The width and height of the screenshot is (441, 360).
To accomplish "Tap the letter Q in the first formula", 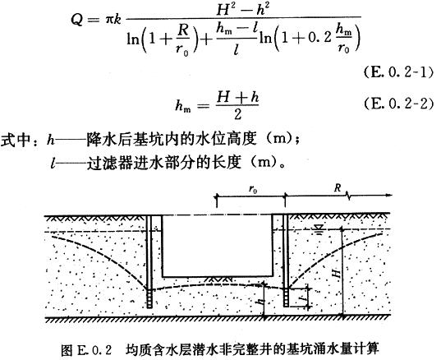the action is tap(77, 20).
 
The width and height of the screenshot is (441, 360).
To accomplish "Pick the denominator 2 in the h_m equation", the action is tap(238, 114).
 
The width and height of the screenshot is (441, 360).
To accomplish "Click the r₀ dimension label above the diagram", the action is tap(253, 189).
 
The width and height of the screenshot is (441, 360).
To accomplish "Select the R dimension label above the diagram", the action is tap(338, 188).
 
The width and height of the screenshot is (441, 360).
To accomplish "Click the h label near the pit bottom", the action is tap(261, 302).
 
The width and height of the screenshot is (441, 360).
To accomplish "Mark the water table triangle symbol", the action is tap(318, 229).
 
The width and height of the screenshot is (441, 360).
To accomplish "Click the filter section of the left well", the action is tap(149, 298).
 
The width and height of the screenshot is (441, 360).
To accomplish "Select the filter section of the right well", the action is tap(286, 298).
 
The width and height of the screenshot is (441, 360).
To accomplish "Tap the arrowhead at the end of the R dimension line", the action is tap(388, 195).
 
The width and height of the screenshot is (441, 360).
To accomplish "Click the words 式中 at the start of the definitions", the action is tap(16, 140).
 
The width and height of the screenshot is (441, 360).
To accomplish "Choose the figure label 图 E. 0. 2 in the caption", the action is tap(86, 350).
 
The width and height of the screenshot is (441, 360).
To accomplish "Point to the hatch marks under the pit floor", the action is tap(219, 279).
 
